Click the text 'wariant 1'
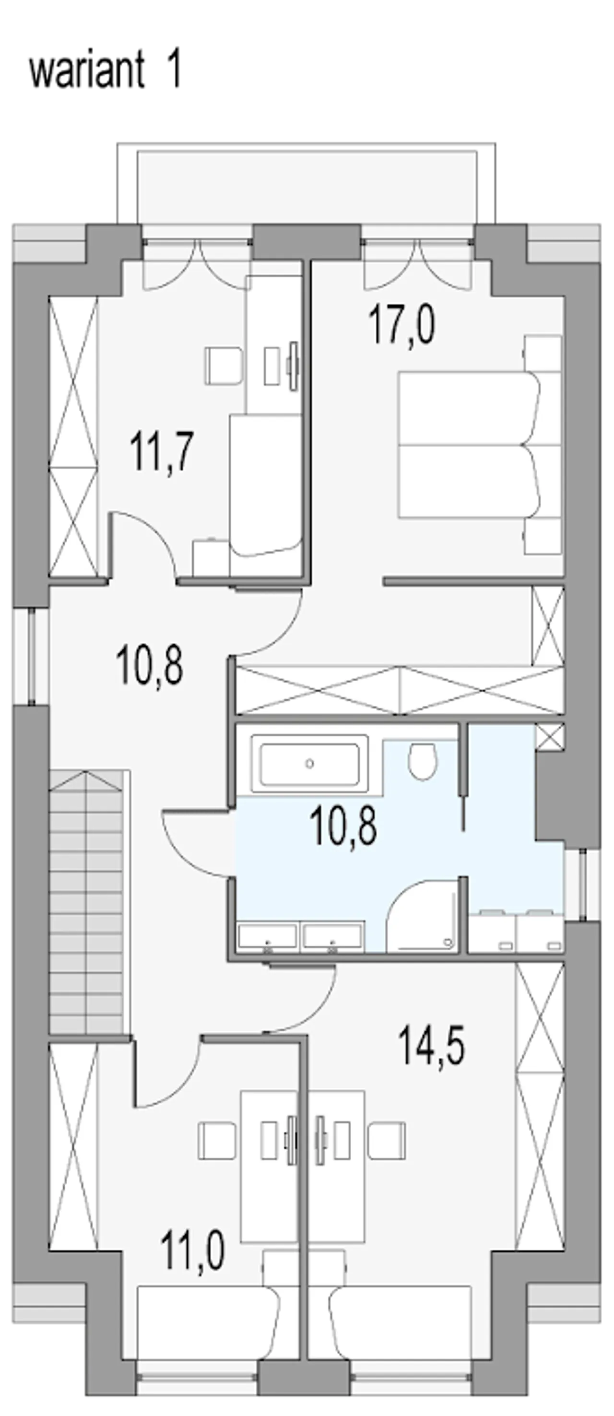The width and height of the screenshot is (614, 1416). [105, 71]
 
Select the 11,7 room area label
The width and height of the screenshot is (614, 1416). [162, 451]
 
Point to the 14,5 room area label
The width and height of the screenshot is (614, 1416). [432, 1046]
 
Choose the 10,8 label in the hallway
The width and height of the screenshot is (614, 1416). [150, 666]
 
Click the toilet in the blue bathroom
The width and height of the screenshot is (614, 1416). [422, 761]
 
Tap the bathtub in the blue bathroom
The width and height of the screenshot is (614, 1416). [309, 764]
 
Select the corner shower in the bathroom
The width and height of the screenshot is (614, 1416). [422, 915]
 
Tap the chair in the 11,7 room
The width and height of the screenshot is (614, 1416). [224, 366]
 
